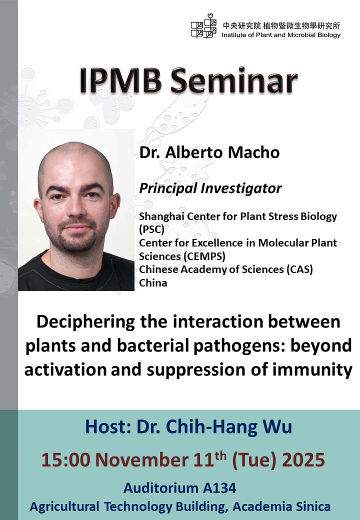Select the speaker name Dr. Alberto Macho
pos(209,152)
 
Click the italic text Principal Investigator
pos(210,188)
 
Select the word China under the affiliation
pos(153,283)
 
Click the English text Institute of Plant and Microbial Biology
pos(281,35)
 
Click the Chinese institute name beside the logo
pos(281,25)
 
